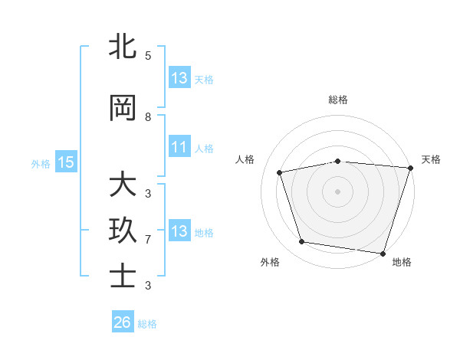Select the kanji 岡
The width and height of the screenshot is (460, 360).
(x=123, y=109)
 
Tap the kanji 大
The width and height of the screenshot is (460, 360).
(x=123, y=186)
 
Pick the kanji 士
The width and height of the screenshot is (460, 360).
(x=123, y=277)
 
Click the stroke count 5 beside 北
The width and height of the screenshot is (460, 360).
(x=148, y=56)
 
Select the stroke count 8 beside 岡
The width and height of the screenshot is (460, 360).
(x=148, y=117)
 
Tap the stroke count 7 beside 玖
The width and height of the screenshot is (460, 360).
(x=148, y=240)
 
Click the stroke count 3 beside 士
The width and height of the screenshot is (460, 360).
(x=148, y=286)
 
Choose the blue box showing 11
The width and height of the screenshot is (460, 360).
(x=179, y=147)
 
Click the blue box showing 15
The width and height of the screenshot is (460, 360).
(x=66, y=162)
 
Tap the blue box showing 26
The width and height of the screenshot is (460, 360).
(x=122, y=322)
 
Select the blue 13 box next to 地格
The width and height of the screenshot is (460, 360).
(x=179, y=231)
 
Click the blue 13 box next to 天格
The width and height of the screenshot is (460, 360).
(x=179, y=78)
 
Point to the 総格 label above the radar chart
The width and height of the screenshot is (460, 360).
(x=338, y=100)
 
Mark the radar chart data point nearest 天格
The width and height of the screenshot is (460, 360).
(x=410, y=168)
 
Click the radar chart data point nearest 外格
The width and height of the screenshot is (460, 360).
(x=302, y=242)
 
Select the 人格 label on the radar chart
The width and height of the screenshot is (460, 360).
(x=245, y=159)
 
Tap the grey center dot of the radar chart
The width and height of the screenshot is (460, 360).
(x=338, y=191)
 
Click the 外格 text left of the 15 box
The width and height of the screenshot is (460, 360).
(x=41, y=162)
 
